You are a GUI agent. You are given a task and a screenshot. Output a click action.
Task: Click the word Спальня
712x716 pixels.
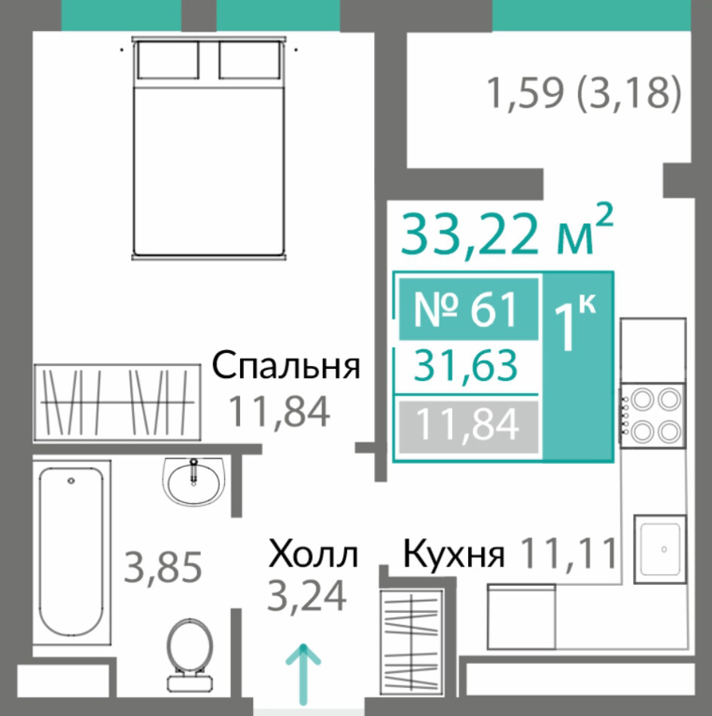[x=286, y=366]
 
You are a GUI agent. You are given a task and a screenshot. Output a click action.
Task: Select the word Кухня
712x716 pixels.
[x=453, y=555]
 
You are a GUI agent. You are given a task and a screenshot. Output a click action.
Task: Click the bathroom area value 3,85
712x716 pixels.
[x=163, y=567]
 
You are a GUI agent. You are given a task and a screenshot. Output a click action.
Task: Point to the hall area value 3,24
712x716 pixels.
[x=307, y=596]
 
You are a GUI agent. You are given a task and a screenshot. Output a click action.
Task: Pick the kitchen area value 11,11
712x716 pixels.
[x=569, y=553]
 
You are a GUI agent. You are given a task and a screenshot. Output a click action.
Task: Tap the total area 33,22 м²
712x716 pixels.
[x=507, y=231]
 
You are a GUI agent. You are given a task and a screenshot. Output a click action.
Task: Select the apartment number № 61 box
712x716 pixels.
[x=468, y=309]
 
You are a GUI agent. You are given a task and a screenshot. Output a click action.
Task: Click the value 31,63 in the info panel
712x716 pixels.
[x=466, y=366]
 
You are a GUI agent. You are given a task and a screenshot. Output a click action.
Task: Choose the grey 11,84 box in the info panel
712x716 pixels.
[x=468, y=426]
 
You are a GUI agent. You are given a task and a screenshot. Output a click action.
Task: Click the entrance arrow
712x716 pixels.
[x=303, y=674]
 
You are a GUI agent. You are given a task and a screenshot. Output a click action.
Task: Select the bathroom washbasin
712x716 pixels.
[x=193, y=481]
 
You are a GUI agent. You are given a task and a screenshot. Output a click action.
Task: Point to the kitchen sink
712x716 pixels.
[x=660, y=550]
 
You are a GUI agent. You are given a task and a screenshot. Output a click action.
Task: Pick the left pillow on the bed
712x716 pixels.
[x=168, y=60]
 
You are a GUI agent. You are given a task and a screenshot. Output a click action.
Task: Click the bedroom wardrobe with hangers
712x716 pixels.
[x=117, y=403]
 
